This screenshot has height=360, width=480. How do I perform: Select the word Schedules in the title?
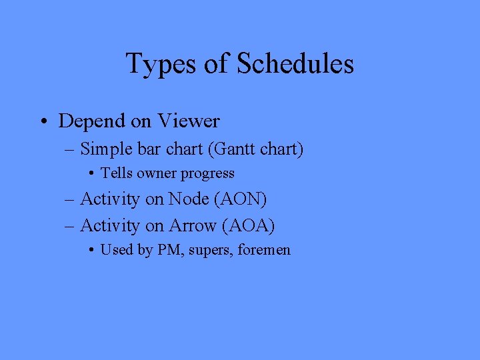(295, 64)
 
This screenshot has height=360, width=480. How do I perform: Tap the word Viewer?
(189, 121)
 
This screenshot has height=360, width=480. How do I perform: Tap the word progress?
(209, 174)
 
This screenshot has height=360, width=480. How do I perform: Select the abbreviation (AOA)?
(250, 226)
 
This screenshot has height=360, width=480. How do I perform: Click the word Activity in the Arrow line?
(109, 226)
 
